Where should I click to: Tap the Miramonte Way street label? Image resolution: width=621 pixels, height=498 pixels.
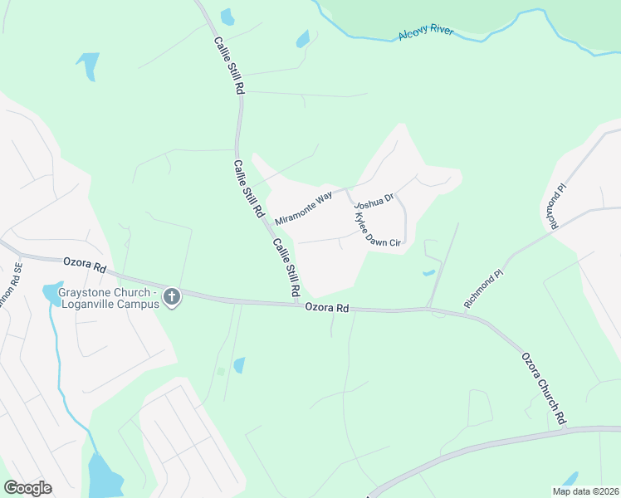pos(303,205)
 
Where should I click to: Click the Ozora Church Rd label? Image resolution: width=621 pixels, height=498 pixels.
pos(544,388)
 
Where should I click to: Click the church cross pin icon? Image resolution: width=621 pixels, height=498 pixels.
pos(172,296)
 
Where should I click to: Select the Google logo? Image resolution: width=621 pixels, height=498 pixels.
pos(27,488)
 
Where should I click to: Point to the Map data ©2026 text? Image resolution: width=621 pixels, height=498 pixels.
pos(585,491)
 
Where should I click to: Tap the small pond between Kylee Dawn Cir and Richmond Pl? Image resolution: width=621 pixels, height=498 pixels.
pos(428,271)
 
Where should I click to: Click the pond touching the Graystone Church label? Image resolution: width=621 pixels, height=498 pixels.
pos(51,292)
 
